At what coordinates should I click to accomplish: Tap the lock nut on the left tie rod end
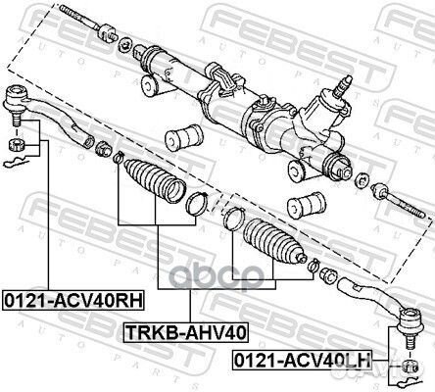102,150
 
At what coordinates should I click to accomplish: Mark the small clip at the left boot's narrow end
118,158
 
